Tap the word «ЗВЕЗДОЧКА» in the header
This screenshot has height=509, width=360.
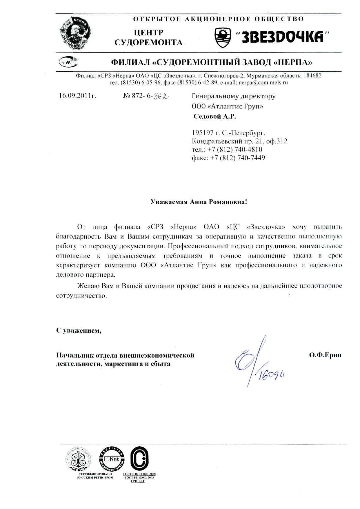[282, 37]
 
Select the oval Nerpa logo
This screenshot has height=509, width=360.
[68, 61]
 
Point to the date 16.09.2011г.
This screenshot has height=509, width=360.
[77, 95]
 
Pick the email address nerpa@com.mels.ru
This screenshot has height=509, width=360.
[263, 83]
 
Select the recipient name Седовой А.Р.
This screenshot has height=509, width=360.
[215, 117]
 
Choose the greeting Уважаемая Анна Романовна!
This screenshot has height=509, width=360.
[199, 202]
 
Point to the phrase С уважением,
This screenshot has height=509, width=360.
[79, 330]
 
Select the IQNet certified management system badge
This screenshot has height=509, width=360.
[112, 459]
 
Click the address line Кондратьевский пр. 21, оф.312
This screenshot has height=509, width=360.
[240, 141]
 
